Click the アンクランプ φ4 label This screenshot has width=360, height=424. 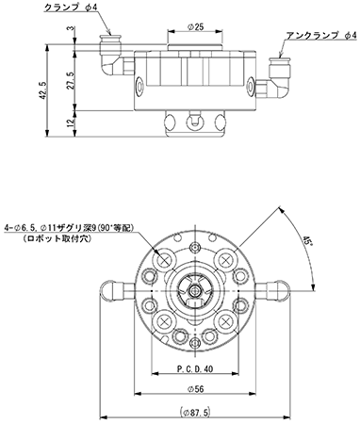321,34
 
